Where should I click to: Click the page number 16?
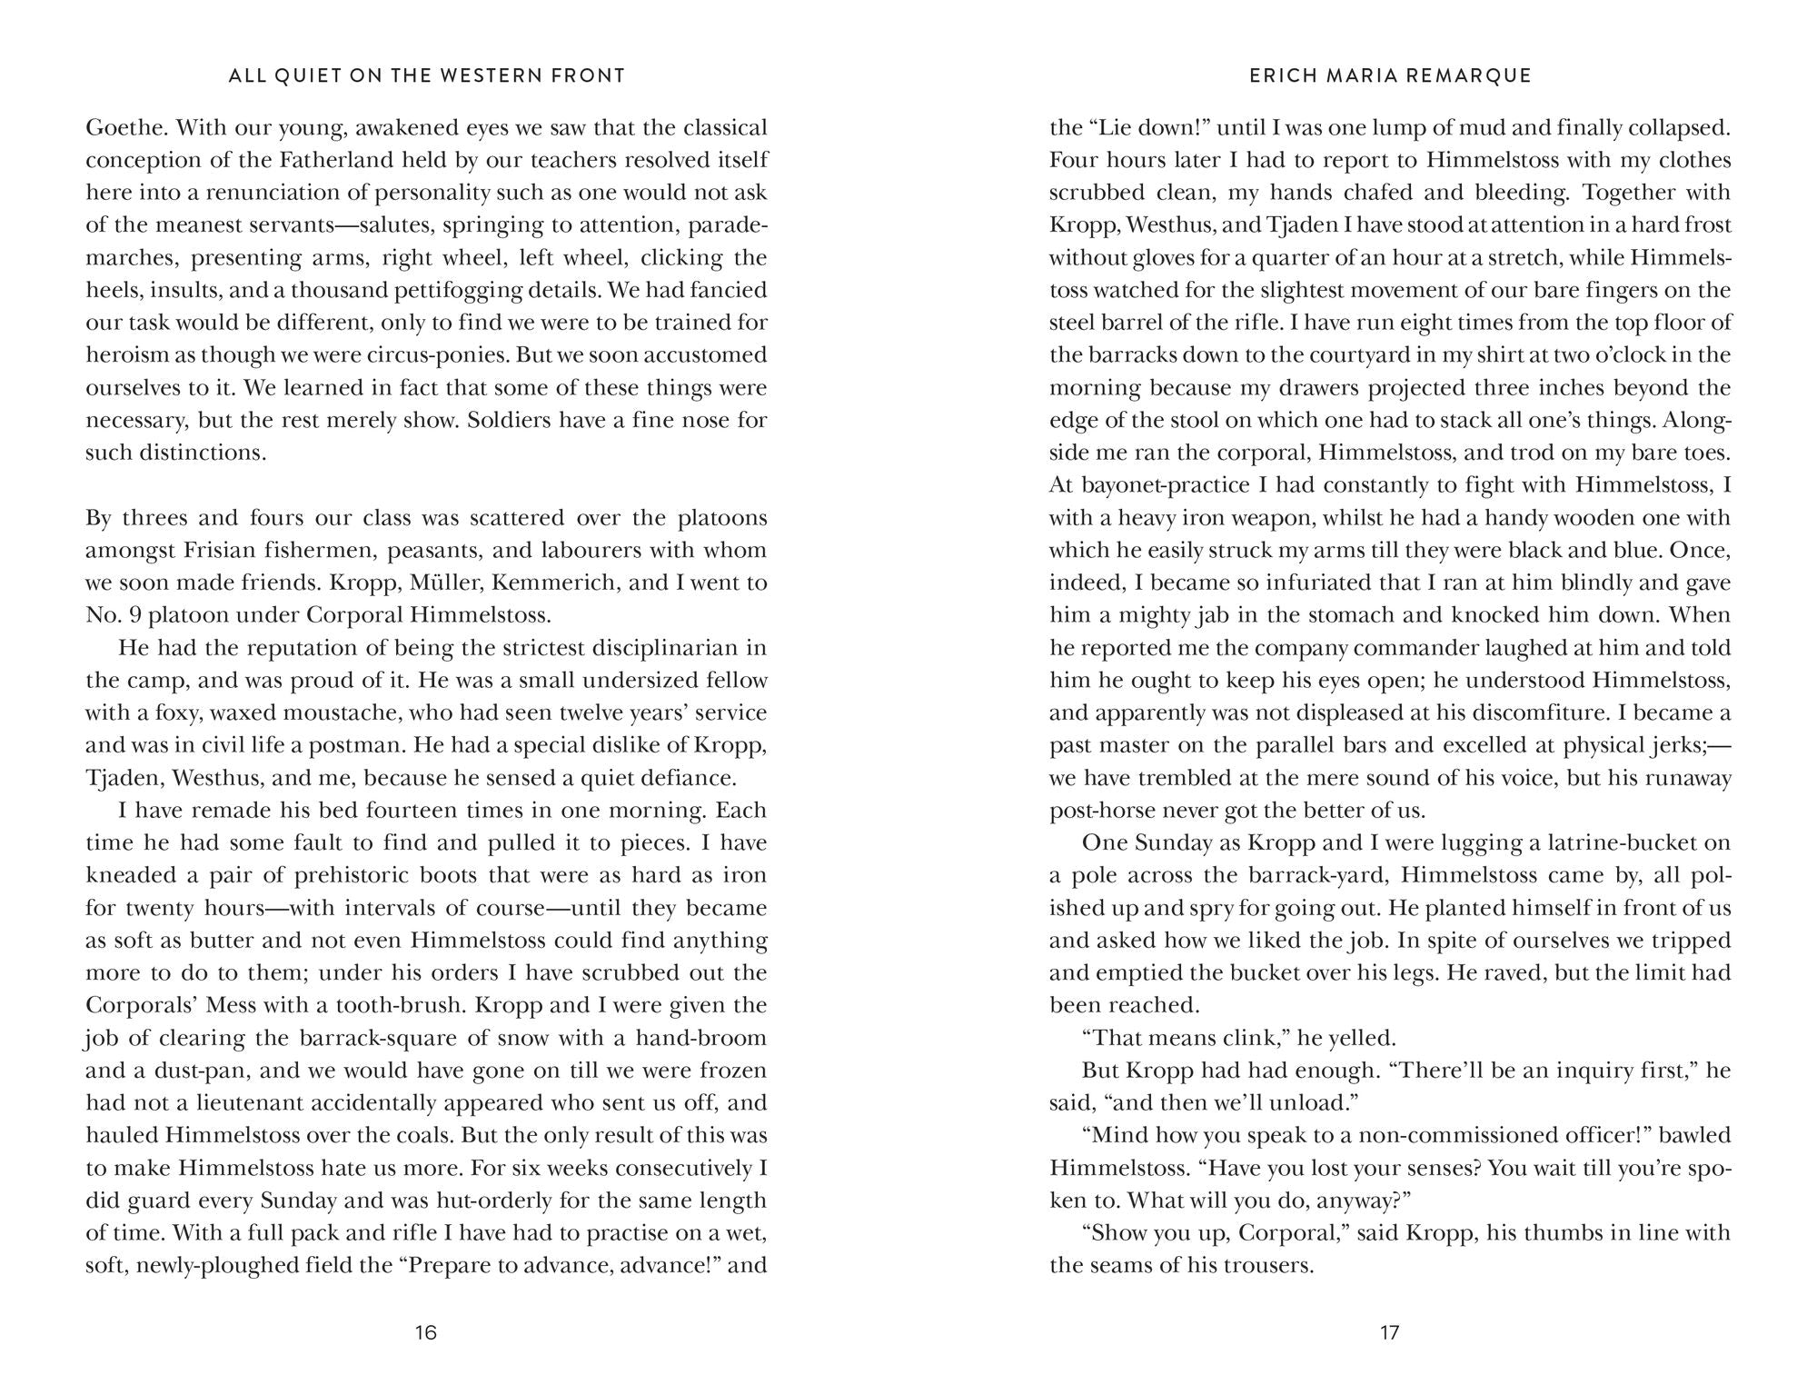point(426,1332)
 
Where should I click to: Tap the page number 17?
point(1390,1332)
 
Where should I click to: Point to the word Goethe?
point(121,127)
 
